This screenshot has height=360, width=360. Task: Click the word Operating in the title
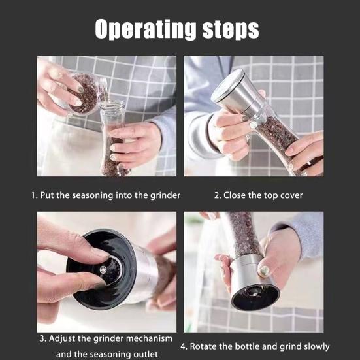146,29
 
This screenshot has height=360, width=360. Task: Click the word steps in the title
231,30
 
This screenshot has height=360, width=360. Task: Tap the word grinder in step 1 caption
165,195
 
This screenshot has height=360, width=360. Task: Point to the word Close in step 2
235,195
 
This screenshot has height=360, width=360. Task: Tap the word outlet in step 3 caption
146,354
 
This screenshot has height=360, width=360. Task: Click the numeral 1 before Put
34,195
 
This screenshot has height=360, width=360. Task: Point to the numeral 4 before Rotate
184,346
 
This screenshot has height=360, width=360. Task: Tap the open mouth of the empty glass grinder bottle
113,105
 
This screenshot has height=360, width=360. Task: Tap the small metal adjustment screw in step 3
103,269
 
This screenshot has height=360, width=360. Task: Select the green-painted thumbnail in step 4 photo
265,271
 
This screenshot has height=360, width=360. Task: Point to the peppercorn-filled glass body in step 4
244,234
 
